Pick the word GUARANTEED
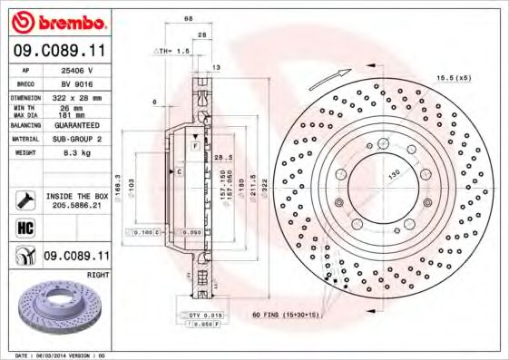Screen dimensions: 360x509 coord(76,125)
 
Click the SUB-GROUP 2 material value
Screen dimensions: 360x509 coord(76,140)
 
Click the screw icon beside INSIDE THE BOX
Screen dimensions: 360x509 coord(24,199)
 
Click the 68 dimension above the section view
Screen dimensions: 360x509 coord(189,18)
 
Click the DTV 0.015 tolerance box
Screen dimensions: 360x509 coord(206,313)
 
